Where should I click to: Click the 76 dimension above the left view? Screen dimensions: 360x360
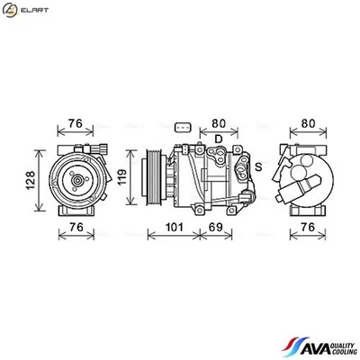77,124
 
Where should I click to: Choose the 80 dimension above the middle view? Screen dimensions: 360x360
218,124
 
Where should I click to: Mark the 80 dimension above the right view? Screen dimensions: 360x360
309,124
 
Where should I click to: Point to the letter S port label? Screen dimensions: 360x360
257,166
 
